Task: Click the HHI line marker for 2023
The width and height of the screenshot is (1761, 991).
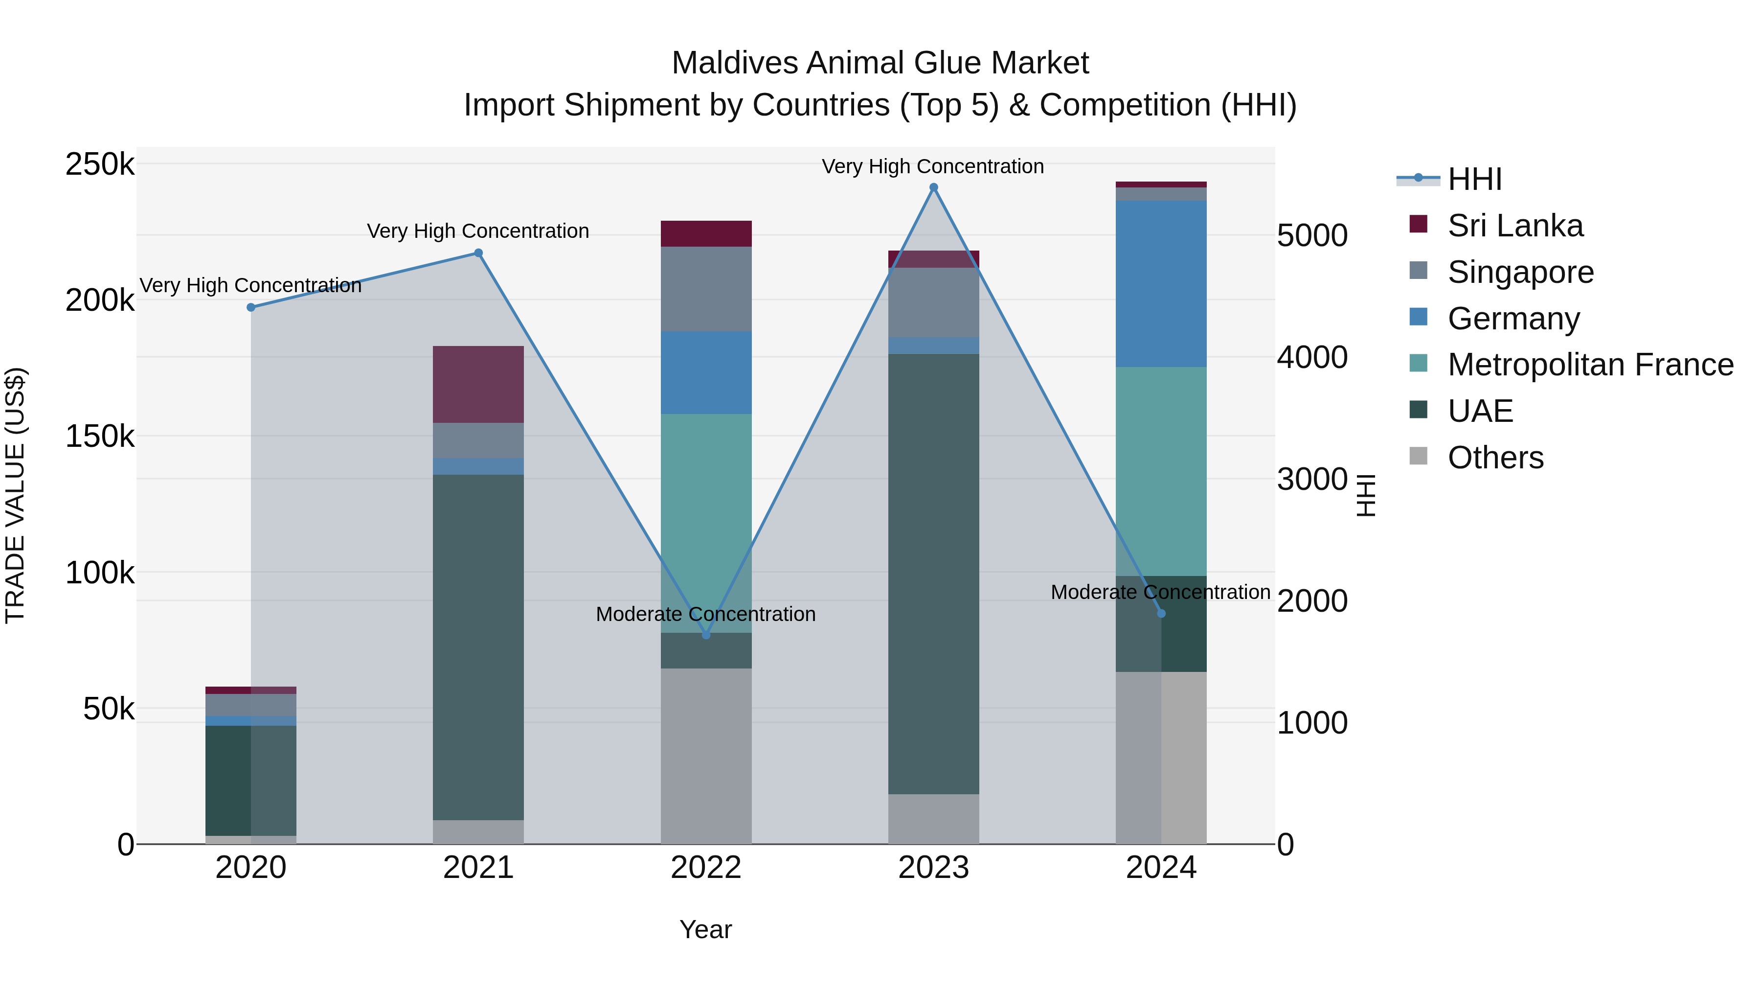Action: [933, 187]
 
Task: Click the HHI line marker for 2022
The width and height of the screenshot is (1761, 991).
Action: [706, 635]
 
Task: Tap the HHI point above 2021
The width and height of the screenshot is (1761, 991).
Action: [478, 253]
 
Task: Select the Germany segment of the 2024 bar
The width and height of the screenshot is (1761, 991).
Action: [1161, 284]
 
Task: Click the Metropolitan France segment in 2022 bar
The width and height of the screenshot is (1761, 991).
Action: [706, 523]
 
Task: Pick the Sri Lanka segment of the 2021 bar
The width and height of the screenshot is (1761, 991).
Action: [478, 384]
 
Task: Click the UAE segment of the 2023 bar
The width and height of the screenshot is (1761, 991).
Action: [933, 575]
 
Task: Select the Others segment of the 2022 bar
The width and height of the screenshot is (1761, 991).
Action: [706, 756]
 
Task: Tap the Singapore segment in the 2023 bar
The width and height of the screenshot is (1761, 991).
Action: [933, 302]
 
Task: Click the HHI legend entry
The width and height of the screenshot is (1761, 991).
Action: [1474, 179]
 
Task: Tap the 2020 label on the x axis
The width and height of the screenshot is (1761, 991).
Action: [251, 868]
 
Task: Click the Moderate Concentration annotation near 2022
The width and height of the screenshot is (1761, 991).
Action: [705, 614]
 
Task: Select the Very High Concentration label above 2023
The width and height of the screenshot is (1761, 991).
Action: [932, 166]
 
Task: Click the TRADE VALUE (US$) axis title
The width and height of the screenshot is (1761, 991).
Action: [15, 495]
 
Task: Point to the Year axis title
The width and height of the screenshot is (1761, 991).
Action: [705, 929]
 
